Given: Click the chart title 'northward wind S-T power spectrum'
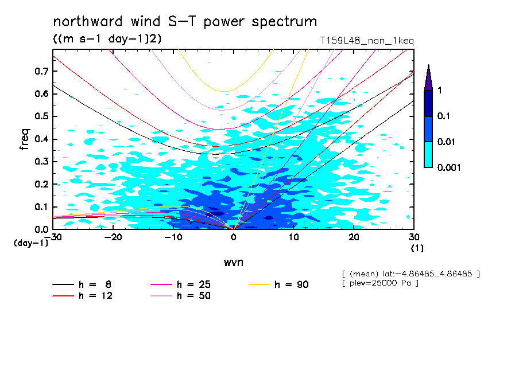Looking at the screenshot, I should [185, 22].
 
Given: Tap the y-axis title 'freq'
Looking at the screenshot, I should [25, 139].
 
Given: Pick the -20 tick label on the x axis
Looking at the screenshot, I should [113, 237].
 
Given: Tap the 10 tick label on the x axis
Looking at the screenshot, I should [294, 237].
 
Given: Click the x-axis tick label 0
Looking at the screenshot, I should [233, 237].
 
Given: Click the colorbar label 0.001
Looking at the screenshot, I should [450, 167].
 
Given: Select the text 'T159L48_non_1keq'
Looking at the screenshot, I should [367, 41].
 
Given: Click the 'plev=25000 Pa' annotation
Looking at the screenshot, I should [380, 283].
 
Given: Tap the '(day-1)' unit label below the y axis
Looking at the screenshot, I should [31, 243].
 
